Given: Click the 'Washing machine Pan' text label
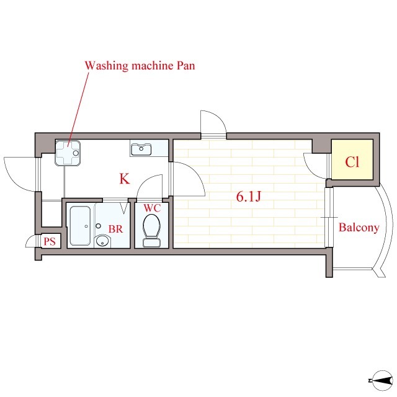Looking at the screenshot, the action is pyautogui.click(x=140, y=66).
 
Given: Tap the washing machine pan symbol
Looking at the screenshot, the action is pyautogui.click(x=68, y=153).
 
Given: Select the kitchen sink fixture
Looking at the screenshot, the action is pyautogui.click(x=141, y=149).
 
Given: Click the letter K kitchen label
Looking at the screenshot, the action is pyautogui.click(x=125, y=179).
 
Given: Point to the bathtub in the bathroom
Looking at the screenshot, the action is pyautogui.click(x=80, y=226).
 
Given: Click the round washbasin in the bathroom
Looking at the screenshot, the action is pyautogui.click(x=102, y=241).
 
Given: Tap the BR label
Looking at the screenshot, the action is pyautogui.click(x=116, y=229).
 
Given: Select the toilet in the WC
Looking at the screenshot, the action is pyautogui.click(x=151, y=230).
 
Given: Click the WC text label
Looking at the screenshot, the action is pyautogui.click(x=152, y=208).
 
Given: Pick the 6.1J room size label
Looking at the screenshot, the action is pyautogui.click(x=248, y=197).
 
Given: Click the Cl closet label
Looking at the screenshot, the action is pyautogui.click(x=352, y=161).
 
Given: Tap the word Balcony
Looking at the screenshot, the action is pyautogui.click(x=359, y=228).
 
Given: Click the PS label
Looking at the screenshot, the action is pyautogui.click(x=50, y=241).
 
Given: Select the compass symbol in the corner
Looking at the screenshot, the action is pyautogui.click(x=382, y=380).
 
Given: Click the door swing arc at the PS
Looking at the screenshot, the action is pyautogui.click(x=32, y=241).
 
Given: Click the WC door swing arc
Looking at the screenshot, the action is pyautogui.click(x=149, y=186).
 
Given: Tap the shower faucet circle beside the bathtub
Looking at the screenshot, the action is pyautogui.click(x=98, y=226).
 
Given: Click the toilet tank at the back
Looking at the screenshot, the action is pyautogui.click(x=151, y=243).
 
